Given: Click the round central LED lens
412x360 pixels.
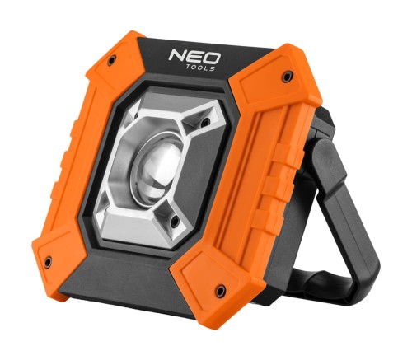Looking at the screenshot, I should (160, 166).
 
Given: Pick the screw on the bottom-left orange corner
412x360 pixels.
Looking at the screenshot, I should (47, 262).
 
